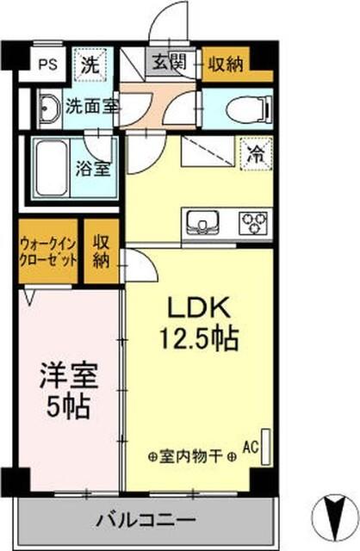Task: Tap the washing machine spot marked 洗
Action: [x=88, y=62]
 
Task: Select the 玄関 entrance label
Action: [x=169, y=63]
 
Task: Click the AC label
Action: [x=251, y=447]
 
